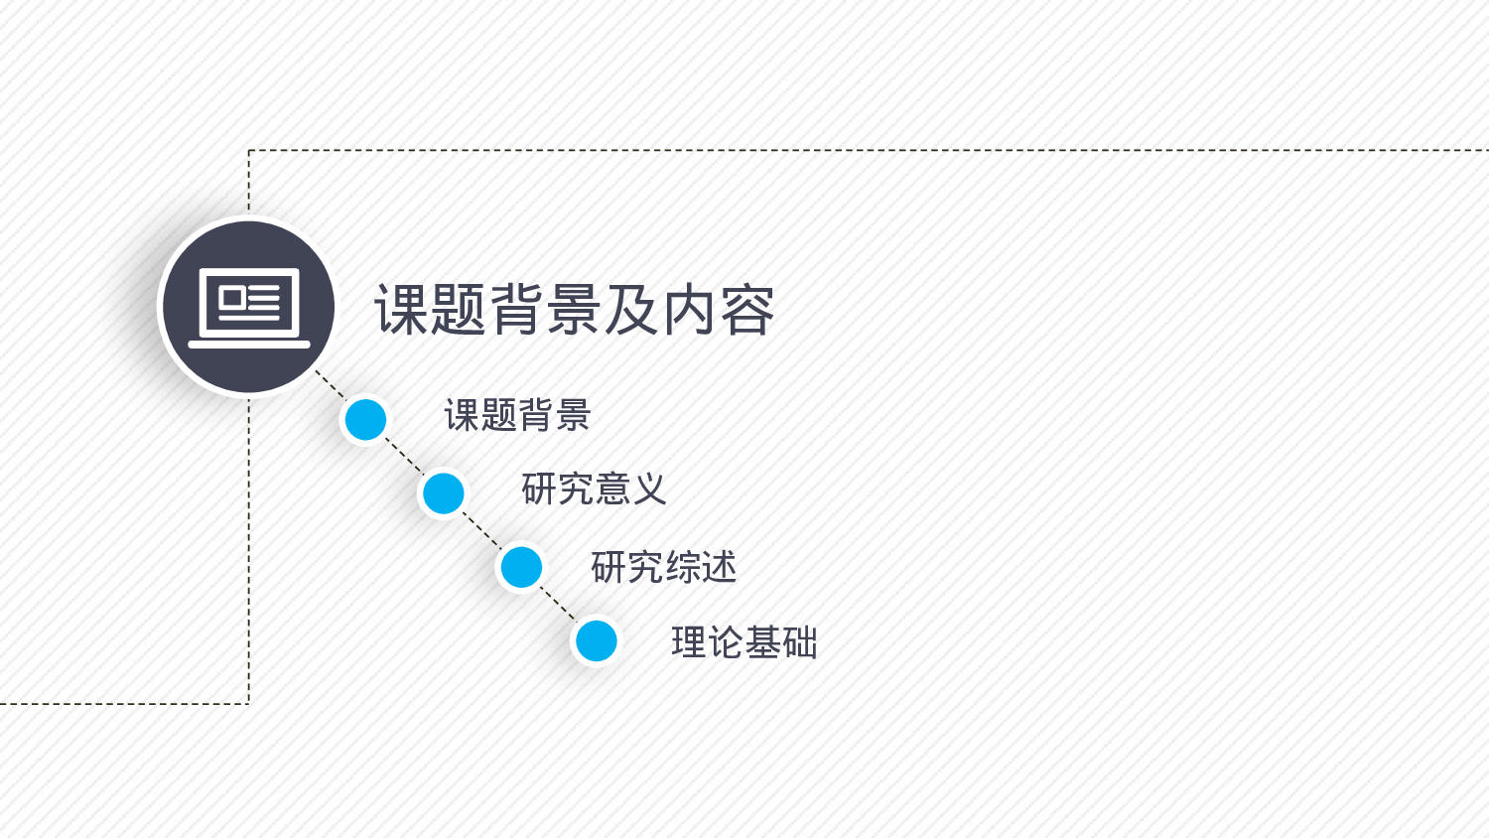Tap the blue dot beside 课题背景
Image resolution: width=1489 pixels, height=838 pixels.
pyautogui.click(x=365, y=419)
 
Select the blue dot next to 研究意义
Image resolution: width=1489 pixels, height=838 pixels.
pyautogui.click(x=443, y=493)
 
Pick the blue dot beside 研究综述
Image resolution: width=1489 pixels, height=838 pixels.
pyautogui.click(x=520, y=567)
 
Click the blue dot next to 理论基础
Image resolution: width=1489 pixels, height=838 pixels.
pyautogui.click(x=597, y=640)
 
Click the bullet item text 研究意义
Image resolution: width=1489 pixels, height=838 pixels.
pyautogui.click(x=594, y=489)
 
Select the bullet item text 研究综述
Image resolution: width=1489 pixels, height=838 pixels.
pyautogui.click(x=663, y=567)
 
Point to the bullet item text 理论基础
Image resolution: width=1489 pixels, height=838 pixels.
pyautogui.click(x=744, y=642)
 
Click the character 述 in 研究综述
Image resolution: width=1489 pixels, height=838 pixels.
pyautogui.click(x=719, y=567)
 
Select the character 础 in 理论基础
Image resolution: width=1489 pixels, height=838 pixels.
pyautogui.click(x=799, y=642)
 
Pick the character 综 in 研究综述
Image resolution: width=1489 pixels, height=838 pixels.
pyautogui.click(x=682, y=567)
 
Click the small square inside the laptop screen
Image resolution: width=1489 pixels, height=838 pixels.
pyautogui.click(x=231, y=297)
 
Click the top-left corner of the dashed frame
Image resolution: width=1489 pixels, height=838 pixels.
pyautogui.click(x=249, y=151)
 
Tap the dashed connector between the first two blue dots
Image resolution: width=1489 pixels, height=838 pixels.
pyautogui.click(x=404, y=456)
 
